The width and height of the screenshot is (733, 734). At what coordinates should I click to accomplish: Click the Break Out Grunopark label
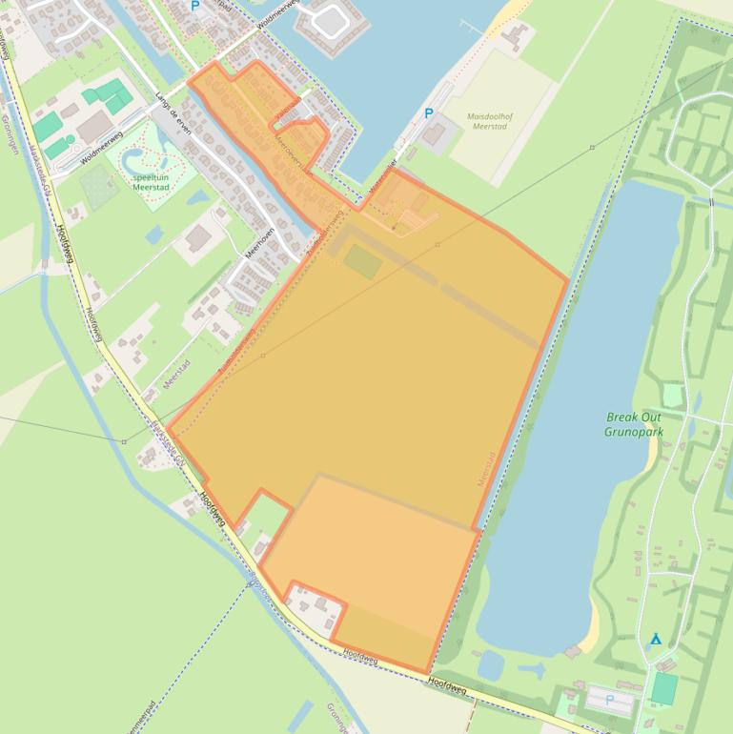click(x=633, y=424)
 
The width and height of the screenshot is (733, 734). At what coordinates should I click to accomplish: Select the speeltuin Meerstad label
click(x=152, y=182)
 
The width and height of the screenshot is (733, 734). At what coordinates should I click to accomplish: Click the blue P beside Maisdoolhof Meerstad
click(x=428, y=113)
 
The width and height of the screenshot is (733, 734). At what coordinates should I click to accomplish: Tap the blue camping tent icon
click(x=655, y=639)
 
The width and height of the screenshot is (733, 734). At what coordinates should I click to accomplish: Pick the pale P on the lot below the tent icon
click(x=610, y=702)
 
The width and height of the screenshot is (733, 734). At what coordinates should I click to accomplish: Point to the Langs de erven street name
click(x=173, y=114)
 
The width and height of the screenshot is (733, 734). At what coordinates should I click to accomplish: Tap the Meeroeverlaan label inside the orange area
click(x=294, y=153)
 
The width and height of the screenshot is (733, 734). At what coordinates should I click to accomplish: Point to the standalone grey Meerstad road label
click(x=177, y=372)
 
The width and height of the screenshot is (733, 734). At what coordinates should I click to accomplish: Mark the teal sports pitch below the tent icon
click(x=664, y=687)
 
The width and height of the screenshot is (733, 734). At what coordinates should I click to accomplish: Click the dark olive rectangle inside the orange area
click(x=362, y=260)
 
